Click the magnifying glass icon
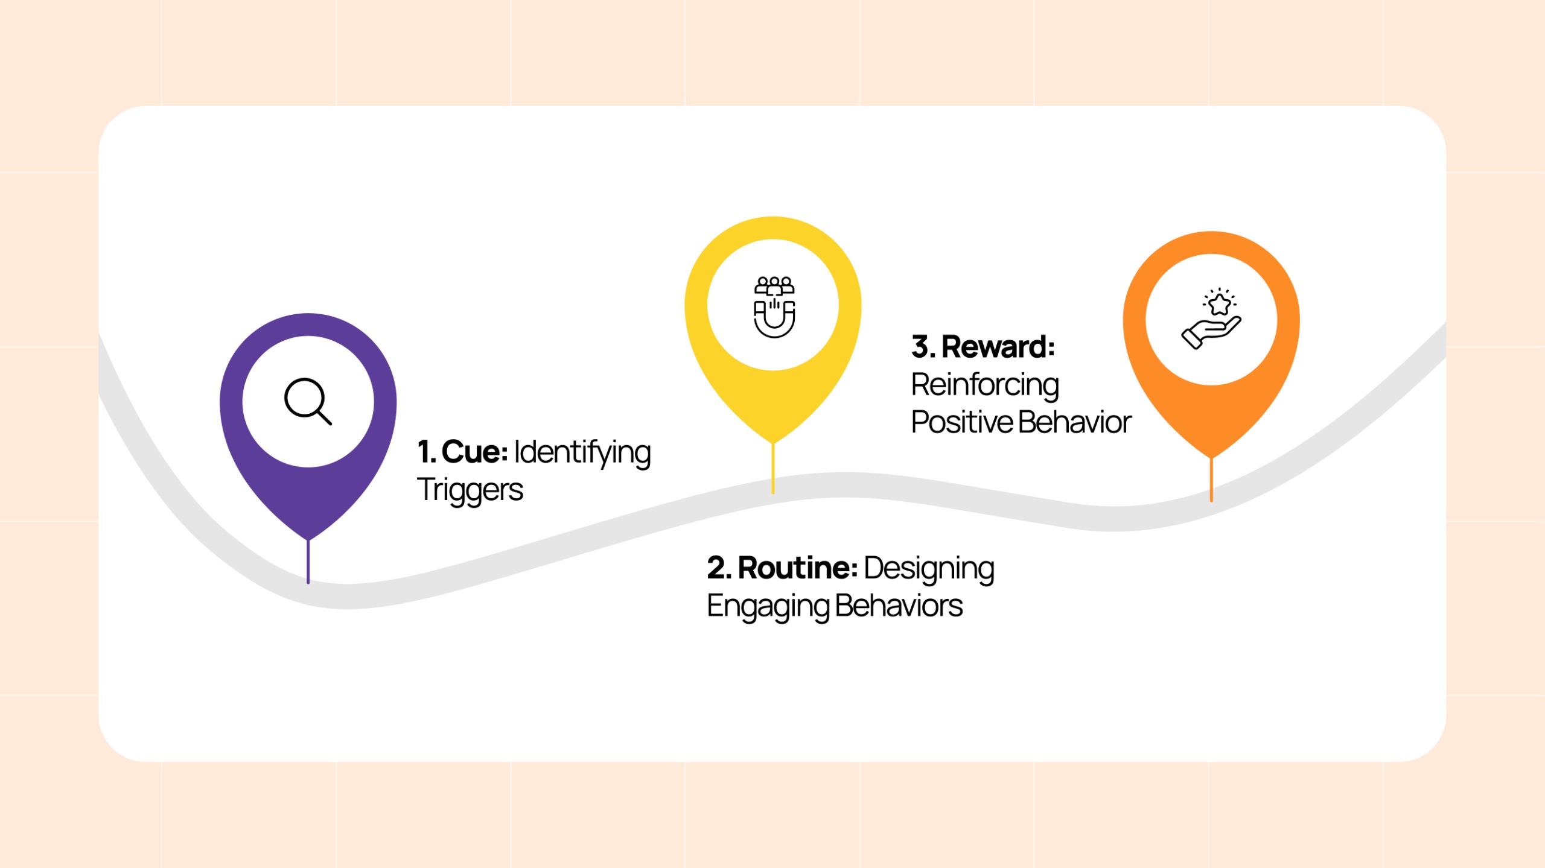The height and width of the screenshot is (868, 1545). click(308, 401)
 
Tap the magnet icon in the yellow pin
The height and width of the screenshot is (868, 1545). click(774, 307)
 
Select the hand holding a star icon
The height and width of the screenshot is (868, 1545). click(1211, 318)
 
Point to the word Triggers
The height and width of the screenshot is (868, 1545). click(470, 489)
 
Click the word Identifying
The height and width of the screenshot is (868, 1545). click(582, 453)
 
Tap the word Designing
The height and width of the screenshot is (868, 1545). click(929, 569)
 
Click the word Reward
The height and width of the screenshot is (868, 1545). click(998, 347)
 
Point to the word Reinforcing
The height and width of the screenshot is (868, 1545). click(985, 385)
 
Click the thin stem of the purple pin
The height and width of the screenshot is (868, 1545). click(308, 562)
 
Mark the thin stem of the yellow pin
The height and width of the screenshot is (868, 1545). click(772, 469)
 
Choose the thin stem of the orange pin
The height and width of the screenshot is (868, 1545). click(1211, 480)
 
